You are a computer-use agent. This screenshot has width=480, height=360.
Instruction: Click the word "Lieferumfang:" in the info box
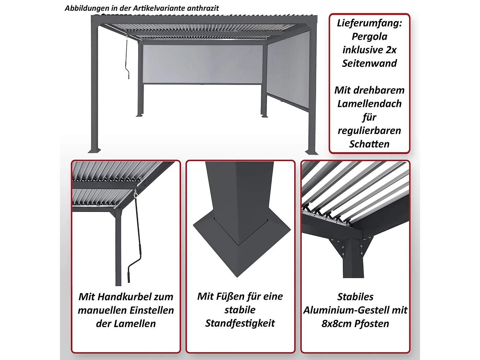(x=369, y=23)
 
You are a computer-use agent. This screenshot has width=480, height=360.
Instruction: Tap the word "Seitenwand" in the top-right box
(x=369, y=63)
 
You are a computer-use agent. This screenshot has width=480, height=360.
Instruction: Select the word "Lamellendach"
(x=369, y=104)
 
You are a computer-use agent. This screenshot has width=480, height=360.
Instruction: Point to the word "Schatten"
(x=369, y=144)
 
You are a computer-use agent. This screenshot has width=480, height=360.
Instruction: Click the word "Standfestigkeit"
(x=240, y=323)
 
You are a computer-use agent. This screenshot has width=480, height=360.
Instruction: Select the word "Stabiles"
(x=355, y=297)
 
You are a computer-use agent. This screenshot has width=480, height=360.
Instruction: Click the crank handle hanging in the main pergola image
(x=128, y=58)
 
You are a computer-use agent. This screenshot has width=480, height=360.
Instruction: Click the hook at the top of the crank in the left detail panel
(x=136, y=194)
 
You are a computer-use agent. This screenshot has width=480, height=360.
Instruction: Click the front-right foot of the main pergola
(x=312, y=152)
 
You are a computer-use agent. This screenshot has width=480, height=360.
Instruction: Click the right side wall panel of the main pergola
(x=288, y=74)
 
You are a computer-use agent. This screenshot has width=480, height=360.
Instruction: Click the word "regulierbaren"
(x=369, y=131)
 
